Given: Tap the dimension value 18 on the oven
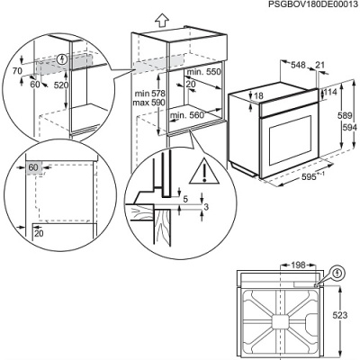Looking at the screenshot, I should tap(258, 95).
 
